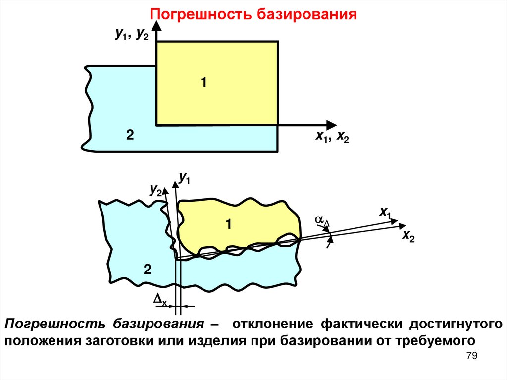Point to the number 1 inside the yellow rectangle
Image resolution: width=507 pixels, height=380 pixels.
tap(203, 82)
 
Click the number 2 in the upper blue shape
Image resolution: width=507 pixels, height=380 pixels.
tap(129, 135)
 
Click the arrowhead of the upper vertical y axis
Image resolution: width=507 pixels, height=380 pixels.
tap(157, 30)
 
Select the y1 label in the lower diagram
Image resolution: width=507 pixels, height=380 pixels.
tap(185, 178)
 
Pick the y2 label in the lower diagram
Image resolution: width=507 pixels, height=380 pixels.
tap(155, 190)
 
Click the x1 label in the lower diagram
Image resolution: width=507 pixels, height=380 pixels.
tap(385, 213)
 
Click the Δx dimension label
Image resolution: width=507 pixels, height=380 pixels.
tap(161, 299)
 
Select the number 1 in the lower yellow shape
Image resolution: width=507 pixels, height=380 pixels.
tap(229, 225)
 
